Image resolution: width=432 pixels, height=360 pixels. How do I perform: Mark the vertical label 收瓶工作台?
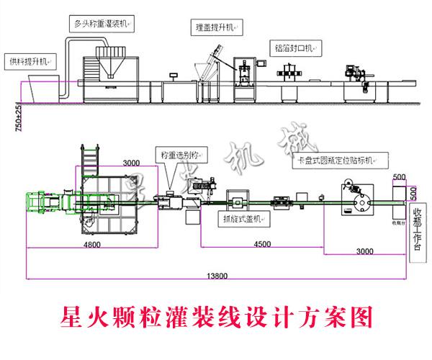416,230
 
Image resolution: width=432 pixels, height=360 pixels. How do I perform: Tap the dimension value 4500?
262,244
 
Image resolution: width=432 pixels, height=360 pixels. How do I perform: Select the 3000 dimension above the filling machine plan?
131,163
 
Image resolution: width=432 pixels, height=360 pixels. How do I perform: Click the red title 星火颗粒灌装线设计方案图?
216,316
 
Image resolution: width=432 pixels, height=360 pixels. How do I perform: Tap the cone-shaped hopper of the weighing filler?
110,63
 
